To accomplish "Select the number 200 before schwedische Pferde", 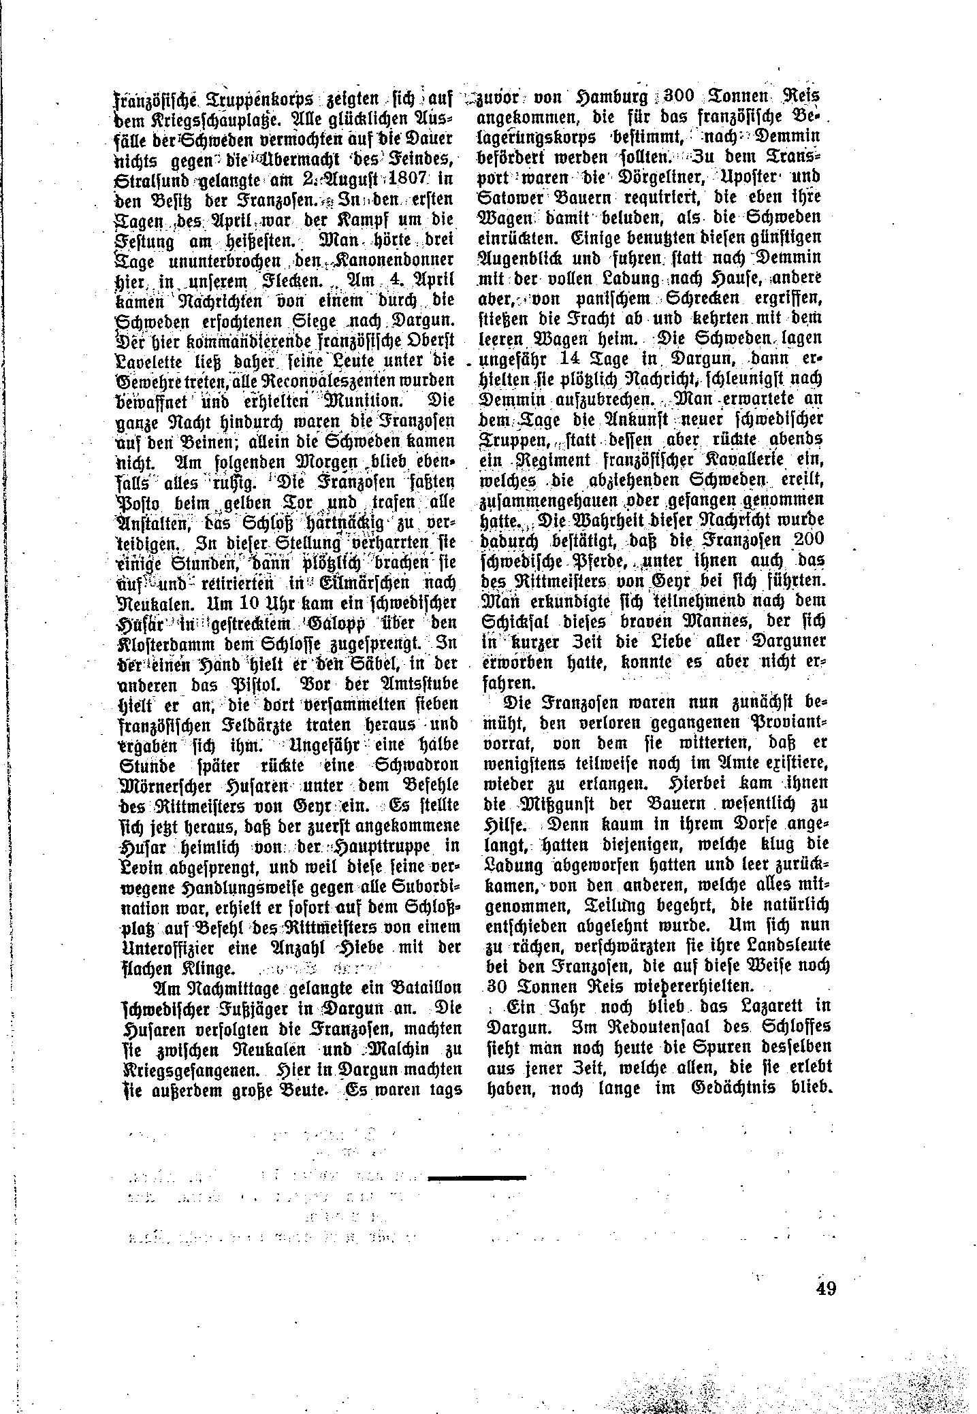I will point(807,538).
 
